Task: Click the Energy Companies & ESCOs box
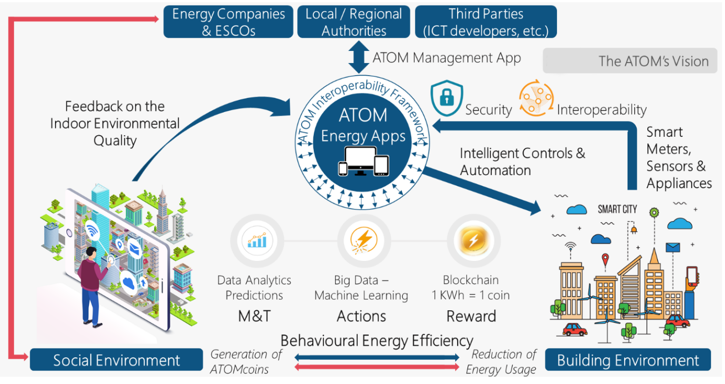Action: click(228, 22)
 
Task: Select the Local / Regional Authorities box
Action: click(354, 22)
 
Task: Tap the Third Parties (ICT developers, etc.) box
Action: click(486, 22)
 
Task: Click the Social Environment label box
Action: click(116, 360)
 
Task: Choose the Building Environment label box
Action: click(628, 360)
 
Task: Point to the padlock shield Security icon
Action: click(447, 98)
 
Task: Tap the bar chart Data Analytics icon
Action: click(257, 241)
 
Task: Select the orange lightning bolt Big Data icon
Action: click(364, 241)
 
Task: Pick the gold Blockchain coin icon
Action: click(474, 241)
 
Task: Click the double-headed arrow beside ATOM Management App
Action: click(359, 58)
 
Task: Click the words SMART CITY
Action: click(617, 209)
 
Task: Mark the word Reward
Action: click(471, 316)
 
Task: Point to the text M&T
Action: click(254, 316)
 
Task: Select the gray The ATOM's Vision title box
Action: click(630, 61)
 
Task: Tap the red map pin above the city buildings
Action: click(605, 260)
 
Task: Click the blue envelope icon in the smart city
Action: click(673, 248)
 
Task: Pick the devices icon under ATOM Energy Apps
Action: click(363, 161)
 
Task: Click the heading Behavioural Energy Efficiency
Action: click(377, 341)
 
